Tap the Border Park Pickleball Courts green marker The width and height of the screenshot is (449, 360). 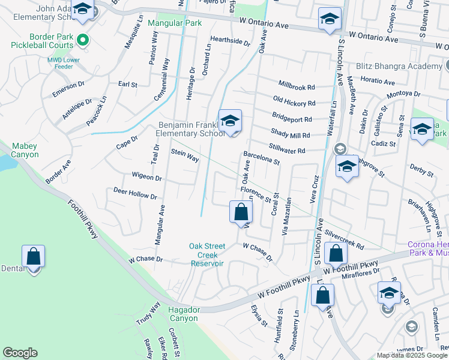click(83, 41)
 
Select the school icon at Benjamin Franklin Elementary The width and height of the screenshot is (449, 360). click(229, 120)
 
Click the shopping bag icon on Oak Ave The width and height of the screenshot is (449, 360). click(241, 211)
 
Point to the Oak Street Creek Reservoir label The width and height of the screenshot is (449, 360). click(206, 254)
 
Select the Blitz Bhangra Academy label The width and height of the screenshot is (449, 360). click(398, 66)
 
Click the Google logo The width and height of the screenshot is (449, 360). click(20, 353)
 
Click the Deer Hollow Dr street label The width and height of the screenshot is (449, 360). click(134, 193)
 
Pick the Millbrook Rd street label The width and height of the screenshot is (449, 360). click(296, 86)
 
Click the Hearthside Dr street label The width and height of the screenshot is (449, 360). click(230, 42)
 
